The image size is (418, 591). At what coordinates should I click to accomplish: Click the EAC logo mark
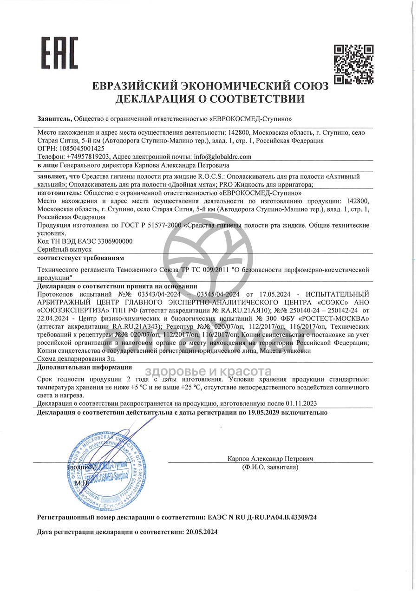[x=60, y=53]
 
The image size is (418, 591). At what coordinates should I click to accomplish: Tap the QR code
[x=354, y=64]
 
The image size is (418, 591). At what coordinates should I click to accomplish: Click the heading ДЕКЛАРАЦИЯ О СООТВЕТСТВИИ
[x=210, y=99]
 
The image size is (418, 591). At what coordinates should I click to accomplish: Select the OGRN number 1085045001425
[x=78, y=149]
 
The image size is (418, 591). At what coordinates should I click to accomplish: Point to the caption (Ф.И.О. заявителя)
[x=270, y=467]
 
